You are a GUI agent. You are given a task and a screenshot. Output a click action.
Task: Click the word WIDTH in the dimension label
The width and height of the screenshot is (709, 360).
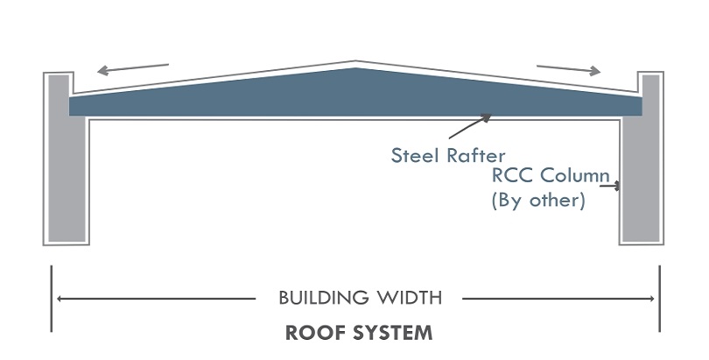tap(411, 298)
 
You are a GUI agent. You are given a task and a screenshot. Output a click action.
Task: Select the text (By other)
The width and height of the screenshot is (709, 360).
tap(536, 200)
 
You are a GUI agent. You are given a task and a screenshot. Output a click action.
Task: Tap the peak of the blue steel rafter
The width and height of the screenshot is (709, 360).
tap(354, 70)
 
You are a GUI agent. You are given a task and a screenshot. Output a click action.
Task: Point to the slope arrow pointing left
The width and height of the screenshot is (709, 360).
tap(131, 68)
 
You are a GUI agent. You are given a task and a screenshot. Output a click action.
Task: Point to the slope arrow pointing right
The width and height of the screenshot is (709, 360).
tap(569, 68)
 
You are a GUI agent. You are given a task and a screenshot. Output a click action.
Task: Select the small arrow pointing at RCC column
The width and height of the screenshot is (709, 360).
tap(616, 185)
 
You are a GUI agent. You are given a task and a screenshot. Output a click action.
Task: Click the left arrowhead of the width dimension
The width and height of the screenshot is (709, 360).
tap(60, 299)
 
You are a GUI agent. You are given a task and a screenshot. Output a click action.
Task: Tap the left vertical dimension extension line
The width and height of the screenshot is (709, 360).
tap(52, 299)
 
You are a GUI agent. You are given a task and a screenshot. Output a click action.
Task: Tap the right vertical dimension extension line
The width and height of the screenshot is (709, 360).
tap(660, 299)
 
